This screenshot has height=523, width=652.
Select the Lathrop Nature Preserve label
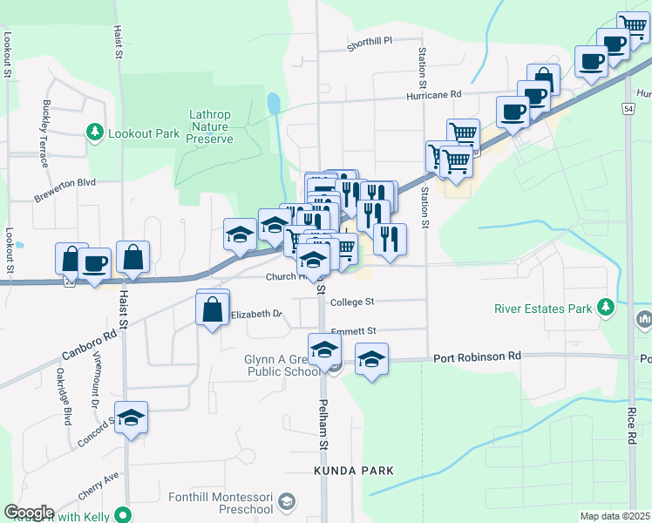[212, 126]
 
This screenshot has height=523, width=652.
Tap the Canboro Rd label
[90, 345]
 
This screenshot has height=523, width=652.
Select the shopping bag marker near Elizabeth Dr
[213, 309]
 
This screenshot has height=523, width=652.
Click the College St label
[352, 302]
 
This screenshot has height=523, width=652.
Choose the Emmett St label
[353, 331]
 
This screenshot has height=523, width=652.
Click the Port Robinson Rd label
[477, 357]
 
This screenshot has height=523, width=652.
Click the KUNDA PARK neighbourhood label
[354, 471]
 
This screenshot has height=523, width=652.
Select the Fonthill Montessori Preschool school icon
[287, 502]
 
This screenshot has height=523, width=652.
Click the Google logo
[29, 513]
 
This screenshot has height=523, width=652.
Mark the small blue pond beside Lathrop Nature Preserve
[275, 105]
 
